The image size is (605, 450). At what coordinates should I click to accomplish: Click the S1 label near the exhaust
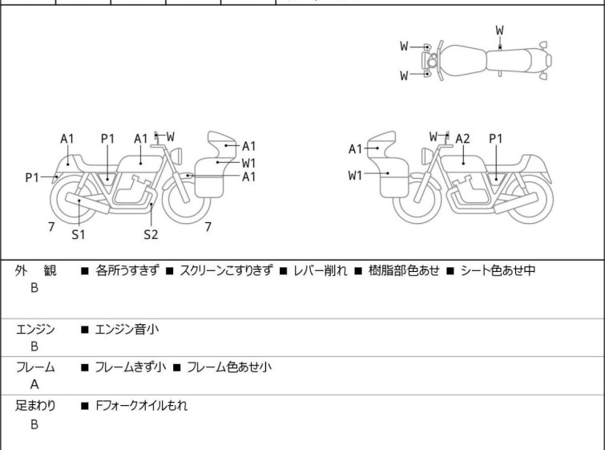click(x=79, y=235)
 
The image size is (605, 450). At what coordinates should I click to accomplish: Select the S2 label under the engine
click(x=151, y=235)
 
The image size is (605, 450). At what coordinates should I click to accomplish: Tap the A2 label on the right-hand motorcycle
click(x=462, y=139)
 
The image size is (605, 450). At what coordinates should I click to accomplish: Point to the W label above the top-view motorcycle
click(x=499, y=30)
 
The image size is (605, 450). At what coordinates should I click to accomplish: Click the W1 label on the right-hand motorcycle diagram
click(x=356, y=175)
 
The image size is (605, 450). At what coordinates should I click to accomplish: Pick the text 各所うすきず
click(x=127, y=270)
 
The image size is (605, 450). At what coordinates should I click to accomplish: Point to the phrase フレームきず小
click(x=131, y=367)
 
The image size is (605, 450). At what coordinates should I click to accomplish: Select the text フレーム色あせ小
click(x=229, y=367)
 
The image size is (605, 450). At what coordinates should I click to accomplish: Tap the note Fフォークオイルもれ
click(x=141, y=406)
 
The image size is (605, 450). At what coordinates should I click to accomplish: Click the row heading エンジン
click(x=35, y=328)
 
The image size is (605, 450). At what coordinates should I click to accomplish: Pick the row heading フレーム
click(x=35, y=367)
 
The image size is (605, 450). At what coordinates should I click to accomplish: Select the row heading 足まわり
click(x=35, y=406)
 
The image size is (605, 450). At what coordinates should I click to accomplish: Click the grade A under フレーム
click(x=34, y=385)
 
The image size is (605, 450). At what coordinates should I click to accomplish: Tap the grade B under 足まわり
click(x=34, y=424)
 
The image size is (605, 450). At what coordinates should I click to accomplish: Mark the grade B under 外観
click(x=34, y=288)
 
